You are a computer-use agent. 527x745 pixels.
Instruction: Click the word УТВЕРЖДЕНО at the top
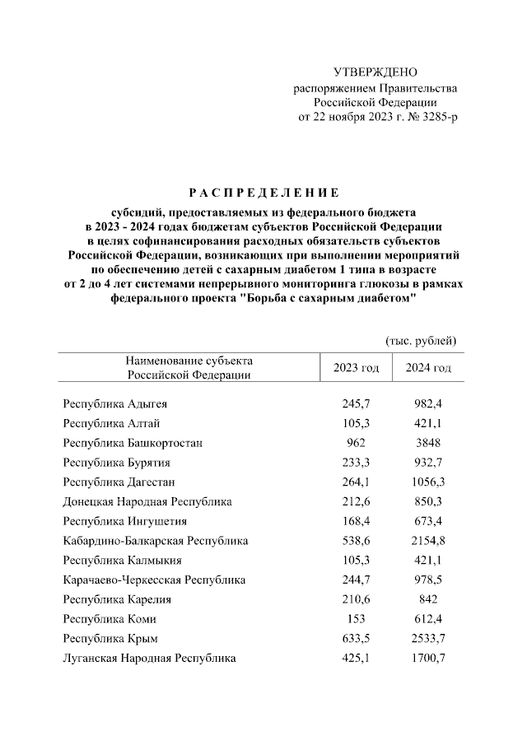point(375,73)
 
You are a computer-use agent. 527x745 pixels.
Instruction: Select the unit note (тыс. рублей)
point(420,340)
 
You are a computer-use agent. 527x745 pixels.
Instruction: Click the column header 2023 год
point(356,368)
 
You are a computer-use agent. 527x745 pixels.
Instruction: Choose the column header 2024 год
point(428,368)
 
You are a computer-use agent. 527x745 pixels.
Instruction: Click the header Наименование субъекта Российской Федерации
point(189,368)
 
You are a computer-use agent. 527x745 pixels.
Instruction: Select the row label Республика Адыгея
point(114,404)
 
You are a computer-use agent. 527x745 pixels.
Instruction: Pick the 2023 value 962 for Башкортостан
point(356,443)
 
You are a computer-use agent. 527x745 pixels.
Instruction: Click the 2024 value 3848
point(428,443)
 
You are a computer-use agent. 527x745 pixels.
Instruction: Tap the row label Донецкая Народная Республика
point(147,501)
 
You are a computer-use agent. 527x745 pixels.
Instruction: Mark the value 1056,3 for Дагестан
point(428,482)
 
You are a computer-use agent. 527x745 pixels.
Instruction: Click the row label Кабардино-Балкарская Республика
point(156,541)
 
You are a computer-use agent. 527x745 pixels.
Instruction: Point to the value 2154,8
point(428,541)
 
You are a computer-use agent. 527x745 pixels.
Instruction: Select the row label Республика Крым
point(110,638)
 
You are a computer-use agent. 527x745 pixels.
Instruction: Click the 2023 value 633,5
point(356,638)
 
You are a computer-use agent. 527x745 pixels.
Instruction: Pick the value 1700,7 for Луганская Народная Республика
point(428,658)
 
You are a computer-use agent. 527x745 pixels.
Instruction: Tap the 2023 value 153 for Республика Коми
point(356,619)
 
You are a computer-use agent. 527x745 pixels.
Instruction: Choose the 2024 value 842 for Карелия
point(428,599)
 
